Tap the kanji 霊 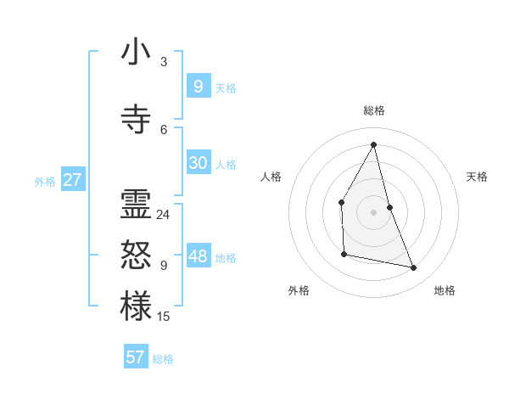tap(136, 205)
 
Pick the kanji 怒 tap(136, 256)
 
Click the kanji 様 tap(136, 306)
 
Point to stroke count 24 tap(163, 215)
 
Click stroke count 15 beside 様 tap(163, 317)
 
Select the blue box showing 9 tap(198, 86)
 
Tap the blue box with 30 tap(198, 163)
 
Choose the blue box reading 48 tap(198, 256)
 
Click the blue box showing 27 tap(72, 179)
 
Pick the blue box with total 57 tap(135, 357)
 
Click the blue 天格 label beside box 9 tap(226, 88)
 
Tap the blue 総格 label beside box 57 tap(163, 359)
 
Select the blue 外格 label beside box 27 tap(45, 181)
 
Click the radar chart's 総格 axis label tap(373, 110)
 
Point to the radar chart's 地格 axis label tap(445, 290)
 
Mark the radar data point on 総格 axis tap(373, 144)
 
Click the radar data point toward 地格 tap(414, 268)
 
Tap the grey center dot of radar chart tap(373, 211)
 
